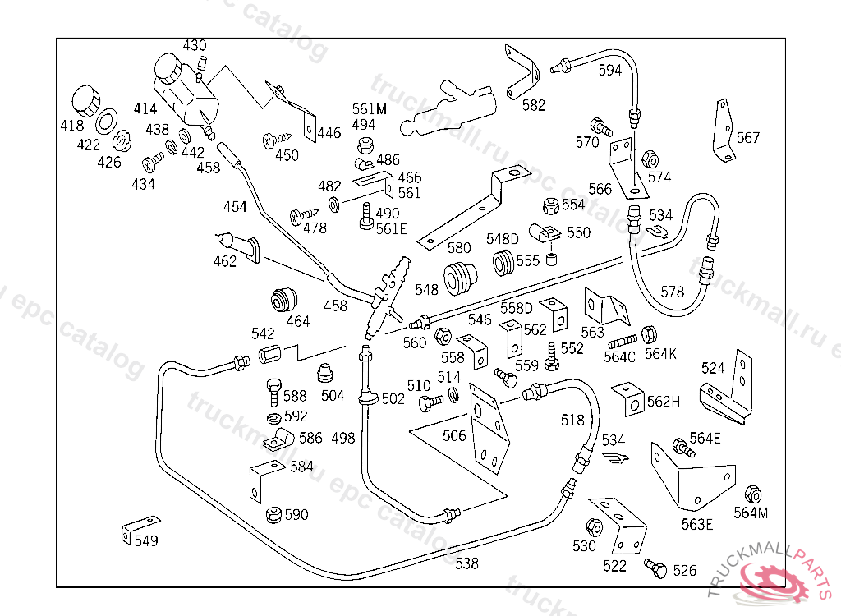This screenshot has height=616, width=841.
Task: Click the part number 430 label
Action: [x=195, y=46]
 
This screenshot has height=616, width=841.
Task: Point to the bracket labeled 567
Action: [x=724, y=131]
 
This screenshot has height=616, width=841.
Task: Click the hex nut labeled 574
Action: [x=648, y=159]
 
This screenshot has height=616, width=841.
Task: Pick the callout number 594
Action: [x=610, y=71]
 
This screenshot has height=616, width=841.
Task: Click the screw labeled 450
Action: [x=276, y=140]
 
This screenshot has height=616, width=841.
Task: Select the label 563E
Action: [x=697, y=525]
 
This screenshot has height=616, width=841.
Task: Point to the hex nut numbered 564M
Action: [x=751, y=495]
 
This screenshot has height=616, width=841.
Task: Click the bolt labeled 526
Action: [x=655, y=568]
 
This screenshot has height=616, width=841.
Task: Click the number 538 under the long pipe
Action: [x=466, y=563]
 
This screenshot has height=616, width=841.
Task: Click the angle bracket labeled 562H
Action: [x=630, y=399]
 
